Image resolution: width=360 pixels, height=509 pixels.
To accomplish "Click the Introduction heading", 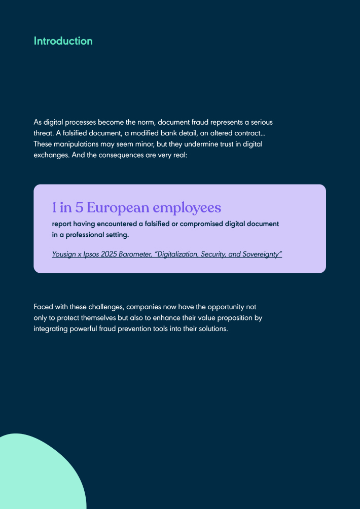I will click(x=63, y=41).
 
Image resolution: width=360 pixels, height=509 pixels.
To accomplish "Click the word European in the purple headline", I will click(x=120, y=208).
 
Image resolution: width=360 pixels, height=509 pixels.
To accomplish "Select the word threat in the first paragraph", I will click(x=44, y=133).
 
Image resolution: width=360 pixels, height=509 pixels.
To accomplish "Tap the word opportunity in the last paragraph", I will click(x=224, y=307).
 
